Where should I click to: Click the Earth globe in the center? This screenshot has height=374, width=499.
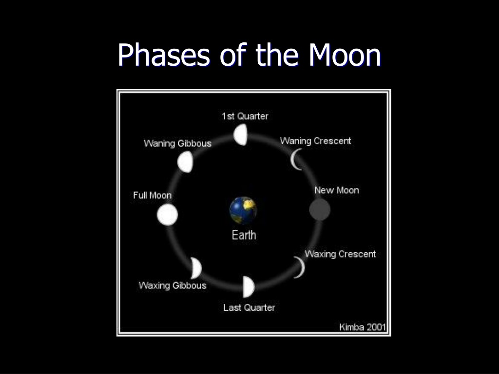tap(243, 210)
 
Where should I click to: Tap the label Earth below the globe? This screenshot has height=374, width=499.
tap(244, 235)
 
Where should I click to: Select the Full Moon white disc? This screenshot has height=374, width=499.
tap(168, 215)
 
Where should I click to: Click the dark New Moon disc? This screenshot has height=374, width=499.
tap(320, 209)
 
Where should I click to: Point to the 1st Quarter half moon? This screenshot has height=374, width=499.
tap(241, 134)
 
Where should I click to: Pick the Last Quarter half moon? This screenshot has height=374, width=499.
tap(249, 287)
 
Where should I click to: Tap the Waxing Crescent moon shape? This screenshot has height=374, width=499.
tap(300, 267)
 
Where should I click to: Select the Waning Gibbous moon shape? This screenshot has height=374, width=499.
tap(185, 162)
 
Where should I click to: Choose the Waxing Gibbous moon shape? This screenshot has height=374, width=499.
tap(196, 268)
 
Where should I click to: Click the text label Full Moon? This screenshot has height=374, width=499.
tap(152, 195)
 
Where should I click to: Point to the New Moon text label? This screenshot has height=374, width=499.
tap(337, 190)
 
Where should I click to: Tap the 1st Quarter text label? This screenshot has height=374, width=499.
tap(245, 116)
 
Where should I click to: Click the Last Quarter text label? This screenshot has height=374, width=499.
tap(249, 308)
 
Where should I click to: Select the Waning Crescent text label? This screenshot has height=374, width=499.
tap(315, 141)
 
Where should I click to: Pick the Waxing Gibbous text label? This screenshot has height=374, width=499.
tap(173, 285)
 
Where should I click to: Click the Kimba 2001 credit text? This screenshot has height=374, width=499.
tap(363, 327)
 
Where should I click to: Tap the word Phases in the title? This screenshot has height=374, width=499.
tap(164, 55)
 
